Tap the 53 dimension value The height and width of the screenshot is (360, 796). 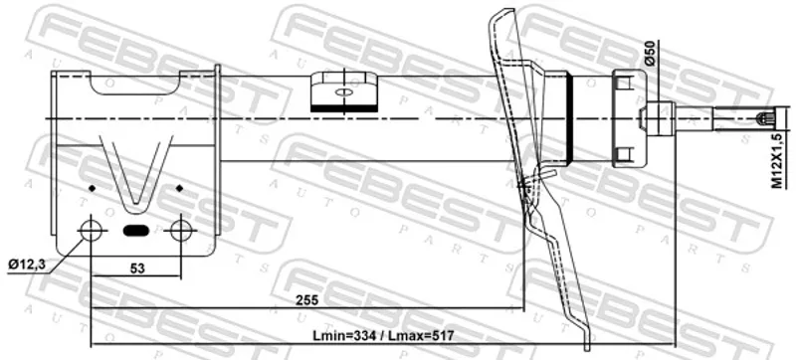(137, 269)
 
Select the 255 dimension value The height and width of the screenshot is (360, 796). (307, 300)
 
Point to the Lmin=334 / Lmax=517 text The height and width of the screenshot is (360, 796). (383, 336)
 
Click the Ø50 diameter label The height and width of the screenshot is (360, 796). (652, 53)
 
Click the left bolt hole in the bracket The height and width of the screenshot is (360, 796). (92, 231)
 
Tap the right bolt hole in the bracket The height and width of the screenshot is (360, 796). (180, 231)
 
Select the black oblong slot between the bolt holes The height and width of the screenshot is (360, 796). (136, 231)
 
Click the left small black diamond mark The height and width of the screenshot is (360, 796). (92, 189)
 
